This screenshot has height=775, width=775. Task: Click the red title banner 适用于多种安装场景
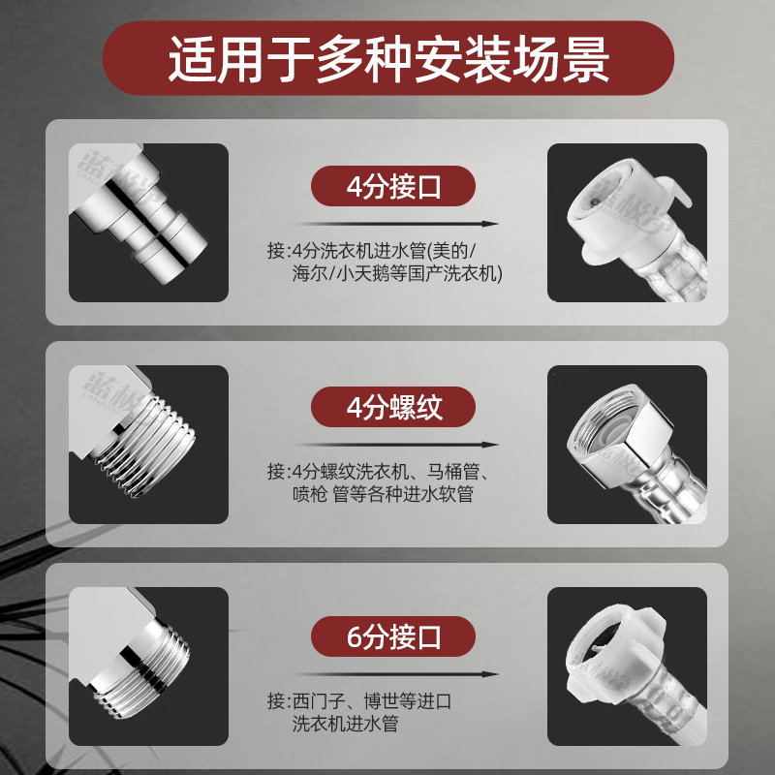pyautogui.click(x=388, y=58)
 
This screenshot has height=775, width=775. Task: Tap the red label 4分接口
pyautogui.click(x=393, y=186)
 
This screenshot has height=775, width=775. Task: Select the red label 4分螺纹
pyautogui.click(x=393, y=407)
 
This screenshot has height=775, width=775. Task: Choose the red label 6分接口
pyautogui.click(x=393, y=636)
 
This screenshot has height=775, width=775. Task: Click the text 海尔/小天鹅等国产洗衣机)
pyautogui.click(x=397, y=273)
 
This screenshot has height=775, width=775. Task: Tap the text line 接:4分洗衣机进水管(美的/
pyautogui.click(x=372, y=251)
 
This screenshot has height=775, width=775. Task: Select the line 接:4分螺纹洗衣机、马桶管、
pyautogui.click(x=378, y=472)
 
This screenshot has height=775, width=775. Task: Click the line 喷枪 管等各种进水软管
pyautogui.click(x=383, y=494)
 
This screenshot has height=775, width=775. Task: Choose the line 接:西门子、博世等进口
pyautogui.click(x=359, y=701)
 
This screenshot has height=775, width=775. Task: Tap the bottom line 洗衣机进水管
pyautogui.click(x=345, y=724)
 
